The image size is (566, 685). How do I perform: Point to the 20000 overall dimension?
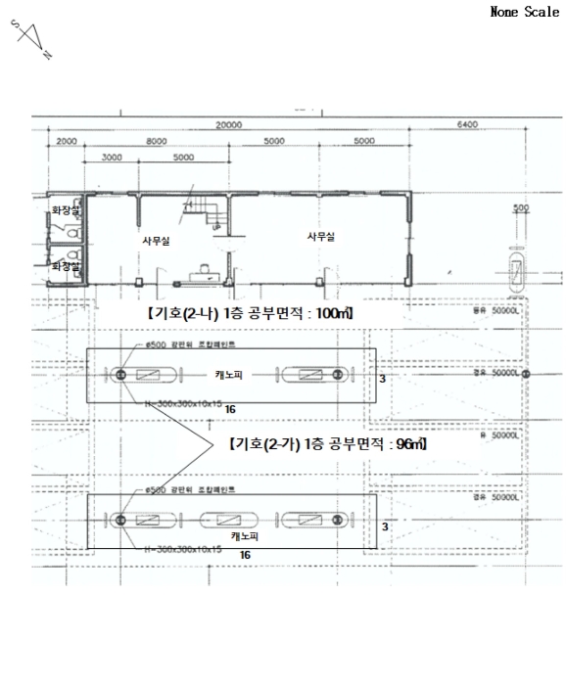228,125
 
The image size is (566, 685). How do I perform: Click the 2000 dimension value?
67,142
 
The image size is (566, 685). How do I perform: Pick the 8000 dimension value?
156,142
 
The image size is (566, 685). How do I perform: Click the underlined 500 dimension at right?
520,208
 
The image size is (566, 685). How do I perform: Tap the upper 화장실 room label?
66,209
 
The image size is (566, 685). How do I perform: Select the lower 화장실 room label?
66,265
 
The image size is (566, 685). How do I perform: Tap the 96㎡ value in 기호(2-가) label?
408,443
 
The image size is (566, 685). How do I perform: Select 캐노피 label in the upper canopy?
230,374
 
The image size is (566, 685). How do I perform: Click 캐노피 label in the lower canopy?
244,536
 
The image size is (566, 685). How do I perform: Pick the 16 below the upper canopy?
230,408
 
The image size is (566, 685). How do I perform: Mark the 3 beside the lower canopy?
385,526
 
